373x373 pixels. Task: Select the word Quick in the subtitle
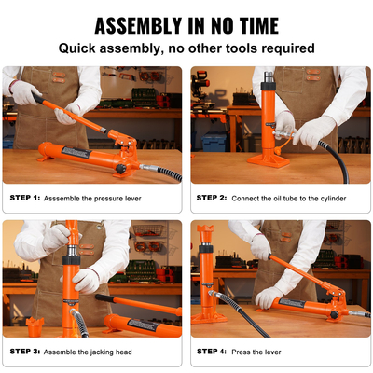pos(81,47)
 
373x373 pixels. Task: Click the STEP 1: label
pos(25,198)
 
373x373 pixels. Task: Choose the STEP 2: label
pos(213,198)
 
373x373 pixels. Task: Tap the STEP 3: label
pos(25,351)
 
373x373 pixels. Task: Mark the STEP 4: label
pos(213,351)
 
